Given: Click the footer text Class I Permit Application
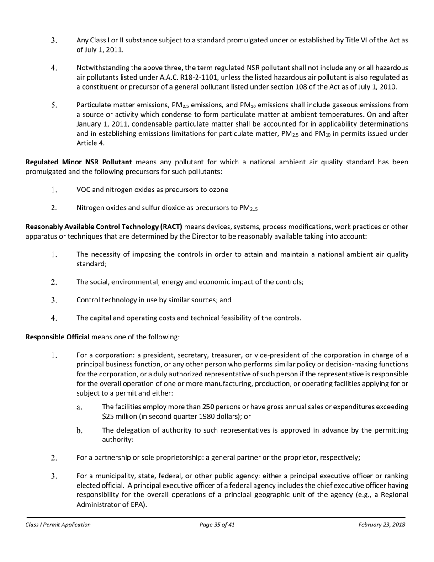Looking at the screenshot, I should (58, 525).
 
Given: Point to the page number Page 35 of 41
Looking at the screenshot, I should (217, 525).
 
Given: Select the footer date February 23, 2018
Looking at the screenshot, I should (381, 525).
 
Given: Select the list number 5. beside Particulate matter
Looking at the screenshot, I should (53, 105).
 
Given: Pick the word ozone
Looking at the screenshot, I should (219, 190).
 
